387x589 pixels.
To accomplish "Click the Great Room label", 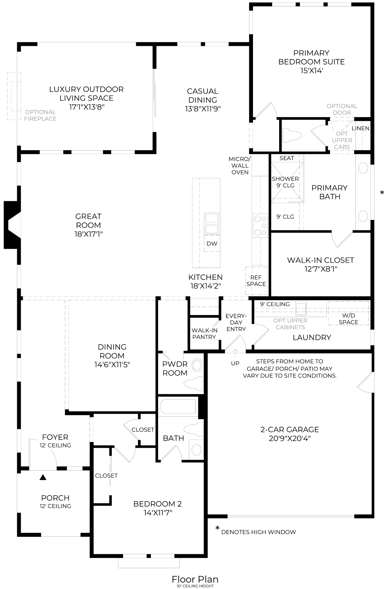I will pyautogui.click(x=88, y=221).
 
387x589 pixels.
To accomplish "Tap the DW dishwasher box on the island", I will pyautogui.click(x=212, y=244).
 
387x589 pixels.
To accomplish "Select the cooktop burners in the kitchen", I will pyautogui.click(x=260, y=226).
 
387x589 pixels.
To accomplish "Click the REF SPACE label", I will pyautogui.click(x=256, y=281).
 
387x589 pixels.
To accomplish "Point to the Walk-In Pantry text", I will pyautogui.click(x=204, y=334).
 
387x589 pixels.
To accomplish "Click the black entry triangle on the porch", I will pyautogui.click(x=43, y=477).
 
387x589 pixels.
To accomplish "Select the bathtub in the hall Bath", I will pyautogui.click(x=178, y=407).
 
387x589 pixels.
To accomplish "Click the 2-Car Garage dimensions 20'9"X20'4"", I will pyautogui.click(x=290, y=438).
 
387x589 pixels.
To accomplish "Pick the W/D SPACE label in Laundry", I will pyautogui.click(x=348, y=319).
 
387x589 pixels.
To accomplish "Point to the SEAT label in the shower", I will pyautogui.click(x=287, y=158).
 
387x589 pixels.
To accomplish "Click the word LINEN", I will pyautogui.click(x=360, y=128).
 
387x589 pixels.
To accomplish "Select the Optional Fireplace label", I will pyautogui.click(x=40, y=115).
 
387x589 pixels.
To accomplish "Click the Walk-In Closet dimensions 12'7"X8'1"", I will pyautogui.click(x=320, y=269).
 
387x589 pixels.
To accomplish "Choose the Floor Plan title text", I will pyautogui.click(x=195, y=579).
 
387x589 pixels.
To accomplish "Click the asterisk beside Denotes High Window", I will pyautogui.click(x=217, y=528).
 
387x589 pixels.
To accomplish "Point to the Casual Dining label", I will pyautogui.click(x=202, y=95).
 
